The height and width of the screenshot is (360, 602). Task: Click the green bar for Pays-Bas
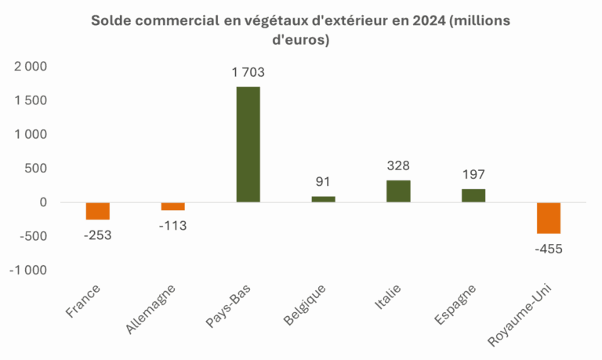pos(248,144)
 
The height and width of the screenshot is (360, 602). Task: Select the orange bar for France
pos(98,210)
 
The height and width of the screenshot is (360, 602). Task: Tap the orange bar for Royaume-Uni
pos(549,217)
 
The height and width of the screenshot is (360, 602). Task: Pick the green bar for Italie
pos(398,191)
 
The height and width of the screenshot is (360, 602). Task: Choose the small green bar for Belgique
pos(323,199)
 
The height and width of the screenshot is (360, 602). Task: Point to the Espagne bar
pos(473,195)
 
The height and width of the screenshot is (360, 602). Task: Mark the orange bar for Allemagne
pos(173,206)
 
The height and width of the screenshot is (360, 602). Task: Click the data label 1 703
pos(248,73)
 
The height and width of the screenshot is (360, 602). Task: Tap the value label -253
pos(98,235)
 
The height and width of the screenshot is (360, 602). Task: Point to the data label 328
pos(398,166)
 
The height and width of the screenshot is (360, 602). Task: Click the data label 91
pos(323,183)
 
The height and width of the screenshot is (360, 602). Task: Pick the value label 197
pos(473,175)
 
